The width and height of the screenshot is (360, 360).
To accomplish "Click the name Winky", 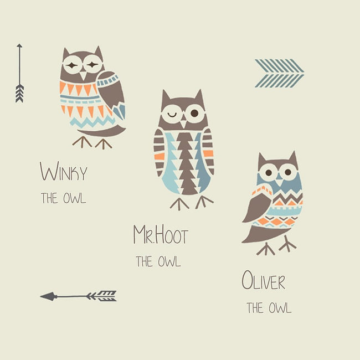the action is coord(64,171).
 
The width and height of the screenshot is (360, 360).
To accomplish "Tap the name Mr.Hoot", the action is coord(161,234).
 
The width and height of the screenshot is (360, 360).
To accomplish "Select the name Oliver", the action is coord(264,280).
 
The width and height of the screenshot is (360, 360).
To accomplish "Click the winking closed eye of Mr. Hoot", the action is coord(172,114).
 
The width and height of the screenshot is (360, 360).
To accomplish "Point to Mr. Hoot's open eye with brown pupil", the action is coord(194,113).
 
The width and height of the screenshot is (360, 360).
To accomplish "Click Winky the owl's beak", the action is coord(83,75).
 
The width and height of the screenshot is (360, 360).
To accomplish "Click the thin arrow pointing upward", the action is coord(19,73).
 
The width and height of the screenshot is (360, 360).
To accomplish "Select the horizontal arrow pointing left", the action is coord(78,296).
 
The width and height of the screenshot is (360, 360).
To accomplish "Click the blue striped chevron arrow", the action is coord(280,73).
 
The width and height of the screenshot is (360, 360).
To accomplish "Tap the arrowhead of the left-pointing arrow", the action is coord(48,296).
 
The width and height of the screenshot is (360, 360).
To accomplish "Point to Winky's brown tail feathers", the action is coord(102,132).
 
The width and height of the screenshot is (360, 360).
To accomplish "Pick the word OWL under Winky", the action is coord(75,198).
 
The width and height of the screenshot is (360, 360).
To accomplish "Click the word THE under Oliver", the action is coord(255,307).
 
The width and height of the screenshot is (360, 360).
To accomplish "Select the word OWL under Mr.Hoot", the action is coord(169,261).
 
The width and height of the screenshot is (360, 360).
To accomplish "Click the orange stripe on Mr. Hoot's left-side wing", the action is coord(160,156).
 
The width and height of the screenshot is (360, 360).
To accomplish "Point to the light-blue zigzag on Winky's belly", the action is coord(92,122).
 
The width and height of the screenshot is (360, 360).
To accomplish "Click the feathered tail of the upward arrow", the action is coord(19,94).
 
